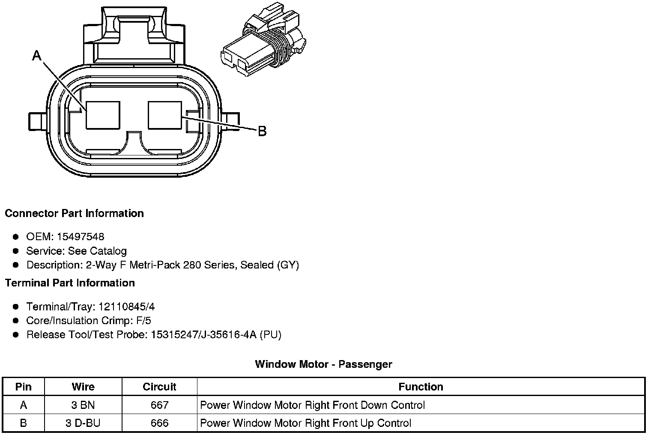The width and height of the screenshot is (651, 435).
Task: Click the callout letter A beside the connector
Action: coord(37,56)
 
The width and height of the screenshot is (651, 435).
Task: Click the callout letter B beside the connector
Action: coord(262,131)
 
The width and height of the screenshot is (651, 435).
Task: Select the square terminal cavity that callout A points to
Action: coord(103,115)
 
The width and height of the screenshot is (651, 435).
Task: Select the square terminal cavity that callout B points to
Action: coord(165,115)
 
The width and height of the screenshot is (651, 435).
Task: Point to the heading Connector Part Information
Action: coord(74,213)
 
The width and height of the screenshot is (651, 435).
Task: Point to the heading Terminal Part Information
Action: coord(70,283)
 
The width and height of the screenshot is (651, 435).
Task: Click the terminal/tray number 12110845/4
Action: coord(126,307)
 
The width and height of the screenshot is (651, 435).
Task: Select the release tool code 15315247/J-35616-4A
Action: coord(203,334)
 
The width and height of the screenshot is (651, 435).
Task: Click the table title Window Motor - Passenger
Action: coord(323,364)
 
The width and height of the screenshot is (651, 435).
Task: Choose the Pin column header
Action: coord(23,387)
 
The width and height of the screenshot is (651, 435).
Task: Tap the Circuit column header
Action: coord(159,387)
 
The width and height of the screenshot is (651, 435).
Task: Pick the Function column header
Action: coord(421,387)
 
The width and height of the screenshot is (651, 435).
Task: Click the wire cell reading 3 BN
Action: coord(83,405)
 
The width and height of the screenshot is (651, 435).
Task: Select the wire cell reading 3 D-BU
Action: coord(83,423)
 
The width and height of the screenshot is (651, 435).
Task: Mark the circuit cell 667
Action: coord(159,405)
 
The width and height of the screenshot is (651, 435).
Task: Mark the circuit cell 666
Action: coord(159,423)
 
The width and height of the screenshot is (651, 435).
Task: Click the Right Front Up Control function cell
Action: coord(305,423)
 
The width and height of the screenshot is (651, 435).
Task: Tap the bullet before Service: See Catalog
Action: coord(16,251)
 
